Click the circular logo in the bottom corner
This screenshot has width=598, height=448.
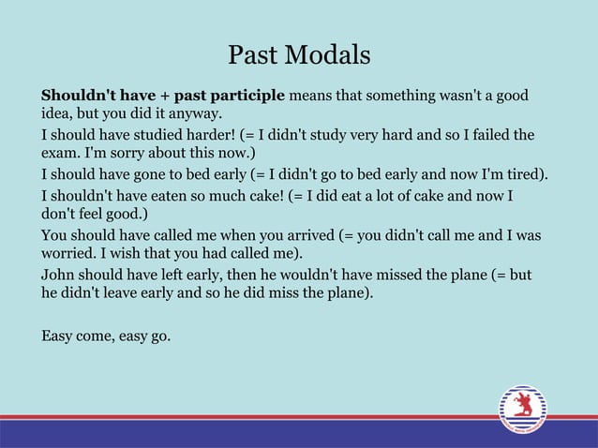[x=522, y=410]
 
